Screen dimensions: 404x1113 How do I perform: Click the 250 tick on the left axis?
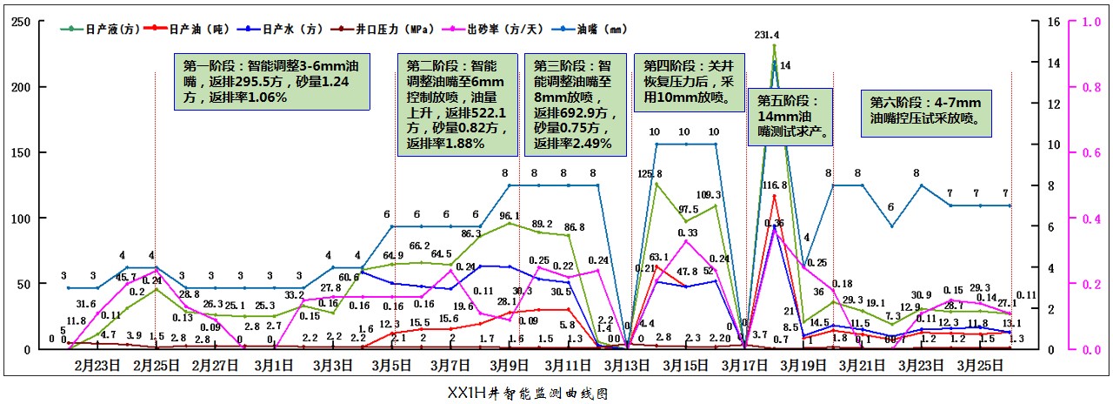[18, 22]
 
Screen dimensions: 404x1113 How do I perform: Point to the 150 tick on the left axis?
[18, 152]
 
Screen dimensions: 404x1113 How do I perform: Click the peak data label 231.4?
[767, 36]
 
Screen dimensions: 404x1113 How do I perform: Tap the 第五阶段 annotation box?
[790, 116]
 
